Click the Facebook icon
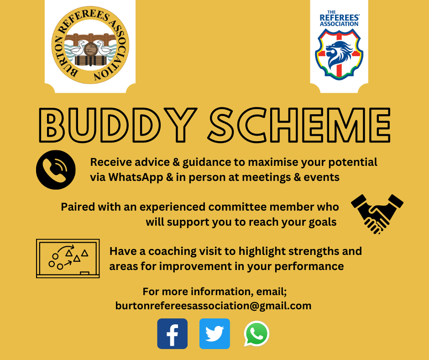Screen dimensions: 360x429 tap(172, 334)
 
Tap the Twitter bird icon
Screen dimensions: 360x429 tap(214, 334)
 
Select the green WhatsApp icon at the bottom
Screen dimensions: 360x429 tap(256, 334)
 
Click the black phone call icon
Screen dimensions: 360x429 tap(55, 169)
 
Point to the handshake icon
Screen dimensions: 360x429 tap(377, 213)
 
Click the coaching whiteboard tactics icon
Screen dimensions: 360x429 tap(68, 258)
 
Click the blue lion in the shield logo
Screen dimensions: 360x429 tap(339, 54)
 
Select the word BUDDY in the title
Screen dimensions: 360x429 tap(120, 127)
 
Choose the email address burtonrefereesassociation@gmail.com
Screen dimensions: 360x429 tap(213, 306)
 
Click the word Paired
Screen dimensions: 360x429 tap(76, 207)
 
